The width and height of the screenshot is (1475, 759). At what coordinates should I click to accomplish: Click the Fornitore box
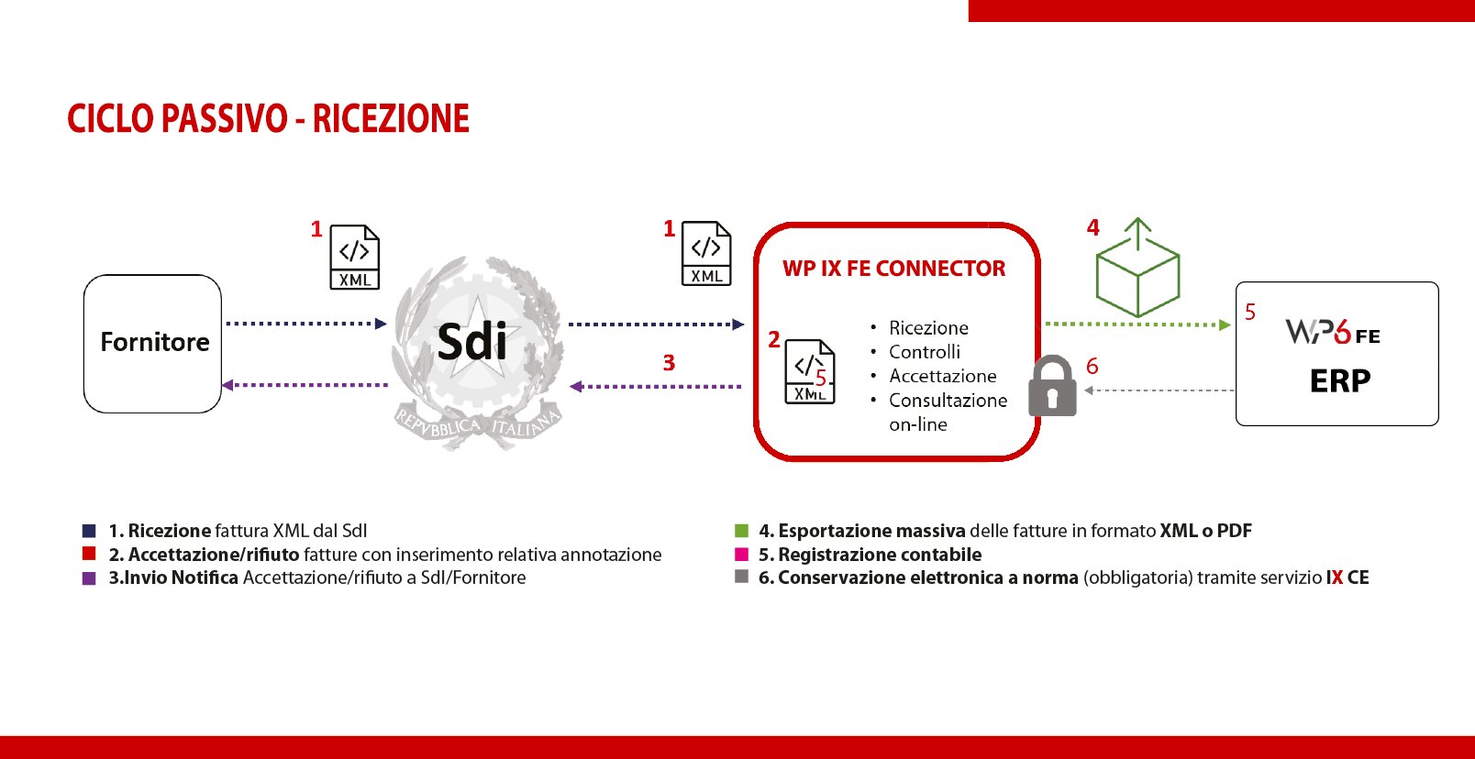pyautogui.click(x=152, y=344)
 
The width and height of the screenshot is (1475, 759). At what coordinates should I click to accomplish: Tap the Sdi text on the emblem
pyautogui.click(x=472, y=342)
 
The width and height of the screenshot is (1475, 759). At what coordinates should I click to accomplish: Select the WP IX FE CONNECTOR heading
pyautogui.click(x=893, y=269)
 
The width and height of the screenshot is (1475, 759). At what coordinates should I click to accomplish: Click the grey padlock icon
pyautogui.click(x=1052, y=386)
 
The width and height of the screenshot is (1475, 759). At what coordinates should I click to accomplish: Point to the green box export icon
pyautogui.click(x=1137, y=268)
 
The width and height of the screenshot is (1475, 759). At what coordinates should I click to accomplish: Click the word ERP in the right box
pyautogui.click(x=1340, y=381)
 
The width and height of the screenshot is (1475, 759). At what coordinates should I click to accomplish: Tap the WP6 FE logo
pyautogui.click(x=1333, y=332)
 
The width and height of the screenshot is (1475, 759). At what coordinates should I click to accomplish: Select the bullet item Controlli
pyautogui.click(x=925, y=352)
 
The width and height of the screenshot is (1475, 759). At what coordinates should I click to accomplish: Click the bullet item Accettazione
pyautogui.click(x=943, y=376)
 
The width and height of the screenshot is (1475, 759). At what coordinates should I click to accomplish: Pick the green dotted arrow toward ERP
pyautogui.click(x=1137, y=324)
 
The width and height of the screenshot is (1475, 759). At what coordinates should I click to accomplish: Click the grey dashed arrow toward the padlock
pyautogui.click(x=1159, y=390)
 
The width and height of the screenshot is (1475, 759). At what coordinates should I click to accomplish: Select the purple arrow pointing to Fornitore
pyautogui.click(x=305, y=385)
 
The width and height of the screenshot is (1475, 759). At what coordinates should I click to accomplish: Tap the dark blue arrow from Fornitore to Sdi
pyautogui.click(x=306, y=324)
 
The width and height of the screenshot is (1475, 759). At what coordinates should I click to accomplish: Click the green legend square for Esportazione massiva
pyautogui.click(x=741, y=531)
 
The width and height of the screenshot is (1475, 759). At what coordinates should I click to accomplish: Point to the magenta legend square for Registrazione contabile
pyautogui.click(x=741, y=555)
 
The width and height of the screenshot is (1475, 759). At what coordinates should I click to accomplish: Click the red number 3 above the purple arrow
pyautogui.click(x=669, y=363)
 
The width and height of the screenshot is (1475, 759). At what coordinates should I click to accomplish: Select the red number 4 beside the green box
pyautogui.click(x=1093, y=227)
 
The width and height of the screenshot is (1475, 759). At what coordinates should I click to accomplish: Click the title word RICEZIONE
pyautogui.click(x=391, y=118)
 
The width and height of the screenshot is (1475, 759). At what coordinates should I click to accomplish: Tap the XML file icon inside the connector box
pyautogui.click(x=810, y=371)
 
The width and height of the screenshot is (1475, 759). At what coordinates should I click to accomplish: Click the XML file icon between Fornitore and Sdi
pyautogui.click(x=355, y=257)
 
